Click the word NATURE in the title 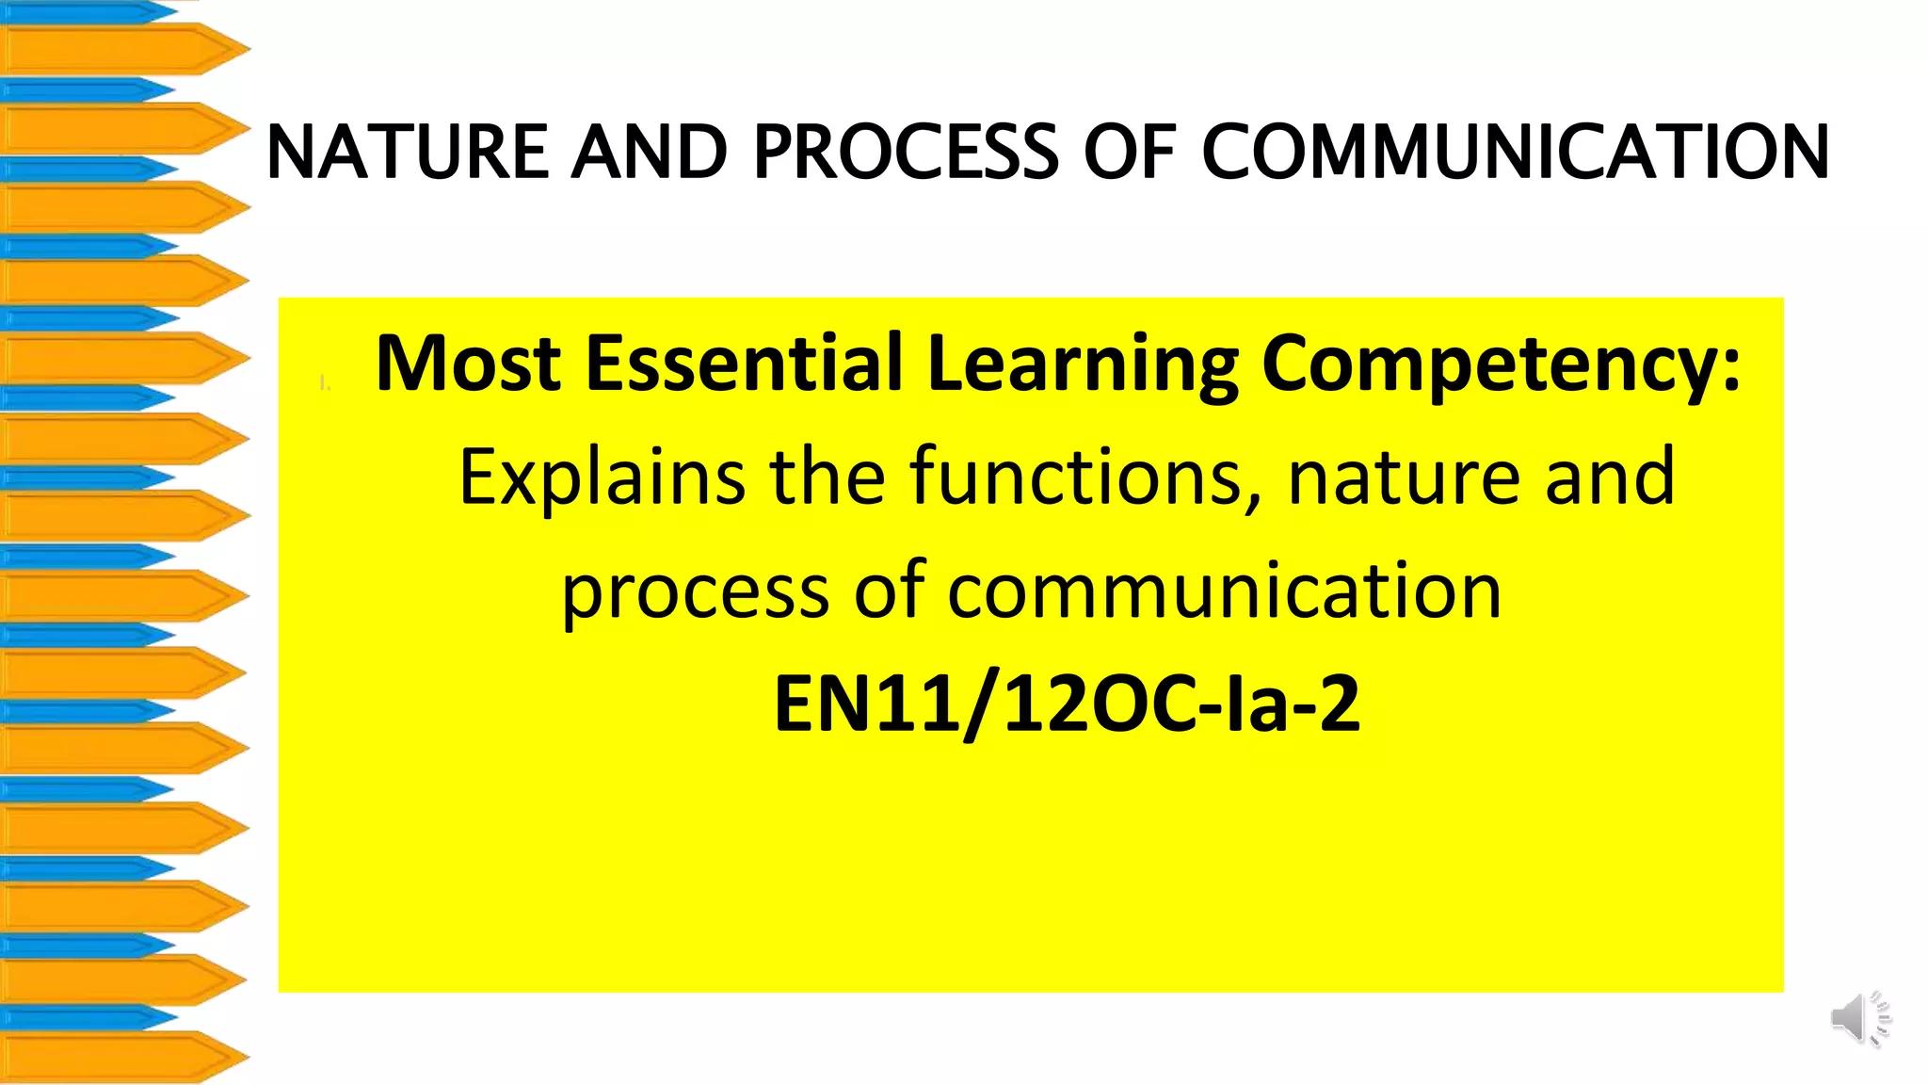click(408, 152)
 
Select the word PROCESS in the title click(906, 152)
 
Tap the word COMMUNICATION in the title click(1516, 152)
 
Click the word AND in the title click(650, 152)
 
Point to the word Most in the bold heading click(468, 364)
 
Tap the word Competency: click(1501, 365)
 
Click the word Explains click(601, 478)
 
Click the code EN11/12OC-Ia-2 click(1067, 704)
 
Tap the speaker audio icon click(1860, 1018)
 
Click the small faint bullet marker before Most click(324, 382)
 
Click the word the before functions click(827, 477)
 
